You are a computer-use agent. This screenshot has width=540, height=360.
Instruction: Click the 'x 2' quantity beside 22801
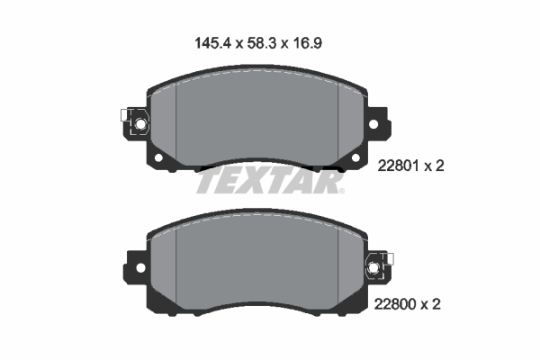point(434,166)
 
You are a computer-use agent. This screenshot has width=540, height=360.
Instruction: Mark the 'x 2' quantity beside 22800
point(434,305)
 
